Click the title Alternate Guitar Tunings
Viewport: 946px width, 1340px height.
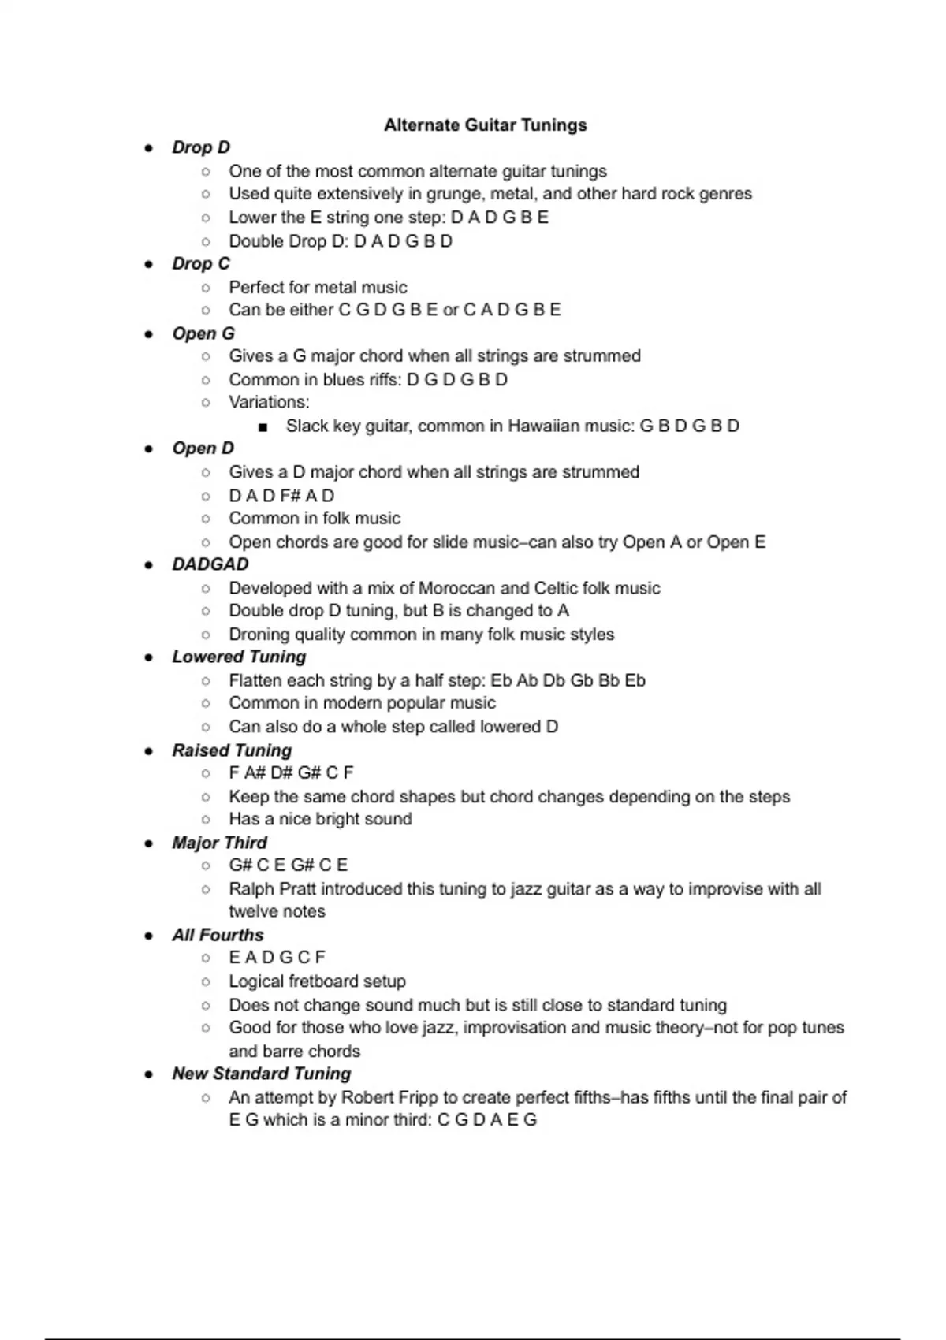485,125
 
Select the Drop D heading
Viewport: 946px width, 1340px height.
201,147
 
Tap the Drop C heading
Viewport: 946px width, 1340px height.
201,263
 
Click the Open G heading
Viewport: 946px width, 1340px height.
203,333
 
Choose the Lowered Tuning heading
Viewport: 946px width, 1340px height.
239,657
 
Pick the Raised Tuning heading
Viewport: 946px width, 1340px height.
232,750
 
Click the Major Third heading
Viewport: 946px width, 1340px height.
219,843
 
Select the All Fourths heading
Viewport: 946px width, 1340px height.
218,935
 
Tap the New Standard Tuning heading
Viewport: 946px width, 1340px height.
261,1074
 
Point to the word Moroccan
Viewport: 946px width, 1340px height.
456,588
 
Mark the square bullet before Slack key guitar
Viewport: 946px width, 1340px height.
263,427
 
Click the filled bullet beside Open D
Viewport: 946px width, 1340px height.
148,449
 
